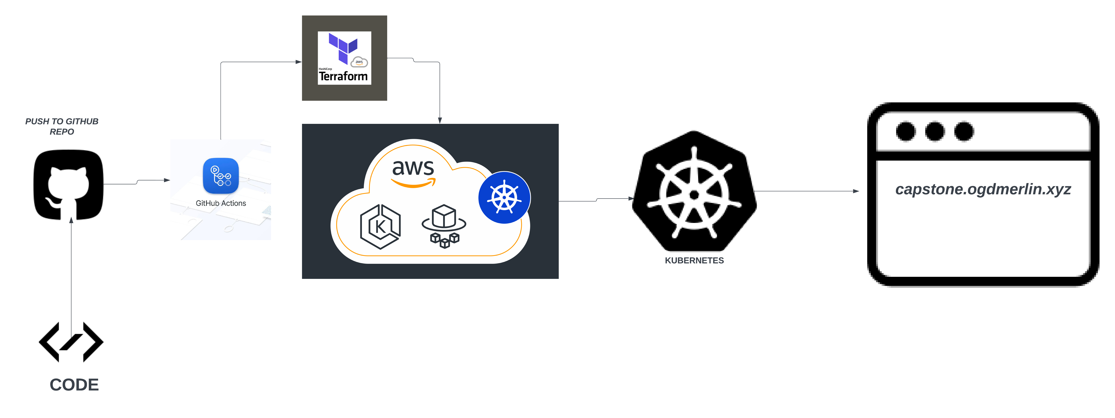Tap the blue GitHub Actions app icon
click(221, 176)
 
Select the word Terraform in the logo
click(343, 77)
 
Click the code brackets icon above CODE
click(71, 342)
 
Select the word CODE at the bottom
click(74, 385)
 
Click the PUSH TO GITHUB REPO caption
click(62, 126)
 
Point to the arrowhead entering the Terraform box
click(299, 62)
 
